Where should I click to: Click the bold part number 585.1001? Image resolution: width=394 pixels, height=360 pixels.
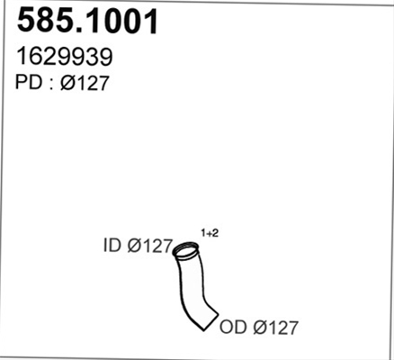point(87,21)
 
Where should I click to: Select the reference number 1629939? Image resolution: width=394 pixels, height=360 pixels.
point(65,57)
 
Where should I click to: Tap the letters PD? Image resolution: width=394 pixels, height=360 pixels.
point(29,82)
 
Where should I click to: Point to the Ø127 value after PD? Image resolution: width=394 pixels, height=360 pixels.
point(85,83)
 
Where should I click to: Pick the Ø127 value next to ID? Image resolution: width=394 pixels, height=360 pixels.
point(150,246)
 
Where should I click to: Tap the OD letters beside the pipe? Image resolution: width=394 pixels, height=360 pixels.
point(233,327)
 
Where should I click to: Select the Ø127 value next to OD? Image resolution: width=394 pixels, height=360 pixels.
point(275,328)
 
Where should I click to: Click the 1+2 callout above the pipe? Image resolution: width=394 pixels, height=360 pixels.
point(210,233)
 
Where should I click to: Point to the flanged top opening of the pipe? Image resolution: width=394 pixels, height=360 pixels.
point(186,250)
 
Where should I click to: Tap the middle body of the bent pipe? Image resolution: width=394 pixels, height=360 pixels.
point(192,288)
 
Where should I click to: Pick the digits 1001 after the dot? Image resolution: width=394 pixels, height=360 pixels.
point(124,21)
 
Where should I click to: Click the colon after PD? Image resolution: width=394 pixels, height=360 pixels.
point(50,85)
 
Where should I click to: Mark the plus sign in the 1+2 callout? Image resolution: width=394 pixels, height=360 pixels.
point(210,234)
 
